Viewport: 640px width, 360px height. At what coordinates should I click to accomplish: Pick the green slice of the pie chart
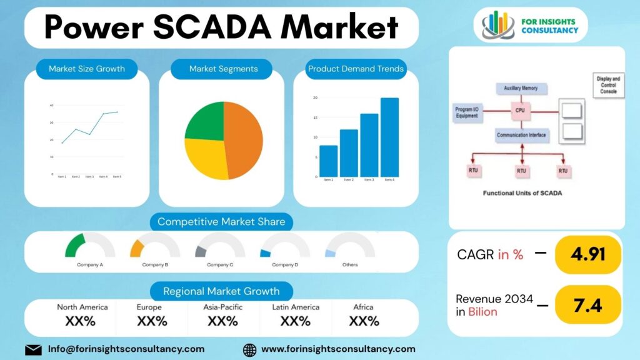pos(205,122)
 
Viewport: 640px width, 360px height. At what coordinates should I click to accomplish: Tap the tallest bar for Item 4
pos(389,137)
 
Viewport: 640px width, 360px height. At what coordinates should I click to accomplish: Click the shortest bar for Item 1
pos(328,161)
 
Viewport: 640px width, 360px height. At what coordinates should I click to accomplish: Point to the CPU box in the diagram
pos(519,111)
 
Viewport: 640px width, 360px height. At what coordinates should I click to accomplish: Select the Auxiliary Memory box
pos(521,88)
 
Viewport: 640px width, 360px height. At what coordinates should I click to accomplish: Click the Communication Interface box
pos(521,134)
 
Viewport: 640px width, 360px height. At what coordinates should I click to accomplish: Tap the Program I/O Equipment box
pos(467,112)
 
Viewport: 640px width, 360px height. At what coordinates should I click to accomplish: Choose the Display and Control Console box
pos(607,85)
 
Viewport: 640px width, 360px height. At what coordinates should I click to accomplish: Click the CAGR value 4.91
pos(587,254)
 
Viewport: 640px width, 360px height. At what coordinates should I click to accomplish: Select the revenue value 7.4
pos(587,305)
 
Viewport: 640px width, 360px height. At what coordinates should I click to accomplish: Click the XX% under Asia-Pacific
pos(222,321)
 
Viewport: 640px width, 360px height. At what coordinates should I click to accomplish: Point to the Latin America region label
pos(296,307)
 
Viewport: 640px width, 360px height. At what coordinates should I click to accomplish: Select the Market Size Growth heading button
pos(87,69)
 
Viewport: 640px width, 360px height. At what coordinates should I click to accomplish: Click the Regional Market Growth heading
pos(222,291)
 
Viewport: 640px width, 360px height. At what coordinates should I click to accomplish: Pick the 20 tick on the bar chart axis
pos(315,98)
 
